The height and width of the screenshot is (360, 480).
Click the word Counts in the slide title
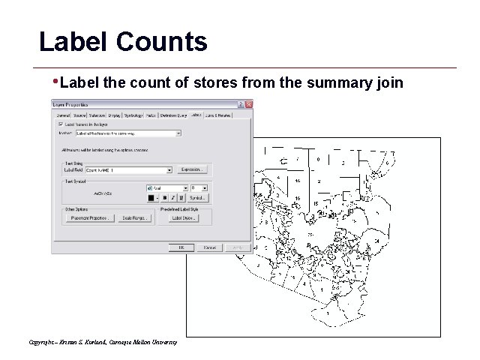click(x=162, y=41)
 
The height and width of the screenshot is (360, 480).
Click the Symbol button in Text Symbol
click(x=197, y=198)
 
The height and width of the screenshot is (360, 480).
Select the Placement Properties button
click(x=88, y=218)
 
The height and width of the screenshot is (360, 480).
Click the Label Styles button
click(x=182, y=218)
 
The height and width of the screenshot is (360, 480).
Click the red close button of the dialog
click(x=248, y=103)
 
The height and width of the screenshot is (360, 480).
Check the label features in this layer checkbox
click(x=61, y=124)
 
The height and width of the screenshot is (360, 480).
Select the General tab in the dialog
click(x=63, y=115)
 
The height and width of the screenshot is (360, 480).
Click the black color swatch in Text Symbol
click(x=151, y=198)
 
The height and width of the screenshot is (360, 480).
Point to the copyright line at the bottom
click(x=103, y=342)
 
